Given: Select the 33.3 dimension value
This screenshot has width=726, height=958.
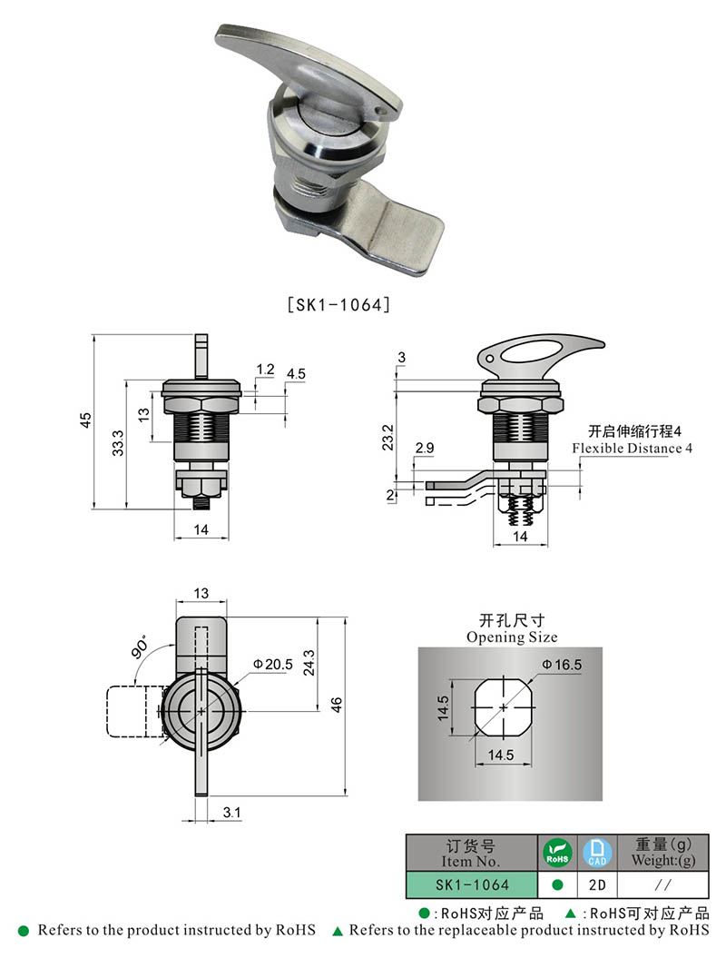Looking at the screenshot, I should point(118,442).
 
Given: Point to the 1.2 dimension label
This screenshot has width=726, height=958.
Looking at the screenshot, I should point(265,369).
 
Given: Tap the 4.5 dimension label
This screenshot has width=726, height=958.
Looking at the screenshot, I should point(296,374).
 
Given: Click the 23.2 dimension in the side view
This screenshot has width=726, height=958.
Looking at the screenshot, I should point(388,436).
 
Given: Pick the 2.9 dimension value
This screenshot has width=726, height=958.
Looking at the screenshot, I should point(423,449).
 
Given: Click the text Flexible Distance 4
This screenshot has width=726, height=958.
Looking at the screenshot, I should point(631,449).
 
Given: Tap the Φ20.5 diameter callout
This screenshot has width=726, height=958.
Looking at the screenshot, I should point(271,665).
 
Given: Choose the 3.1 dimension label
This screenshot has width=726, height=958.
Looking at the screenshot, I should point(231,814).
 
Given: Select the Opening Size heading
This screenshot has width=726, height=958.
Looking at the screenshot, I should point(512,637).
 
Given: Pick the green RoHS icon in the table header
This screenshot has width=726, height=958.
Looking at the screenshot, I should point(556,853).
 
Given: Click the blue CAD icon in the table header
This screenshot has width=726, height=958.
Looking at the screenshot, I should point(596,853).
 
